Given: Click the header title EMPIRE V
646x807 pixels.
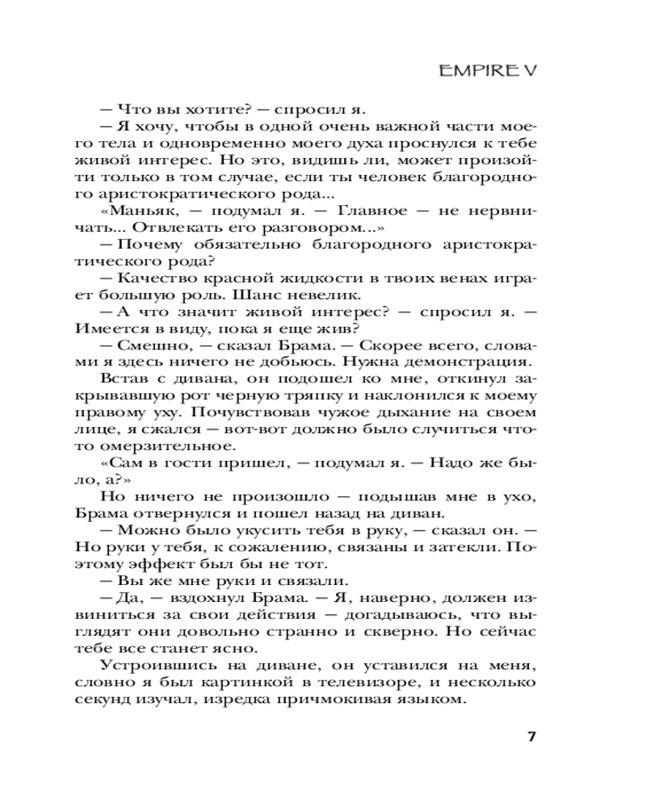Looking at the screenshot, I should (x=486, y=70).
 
